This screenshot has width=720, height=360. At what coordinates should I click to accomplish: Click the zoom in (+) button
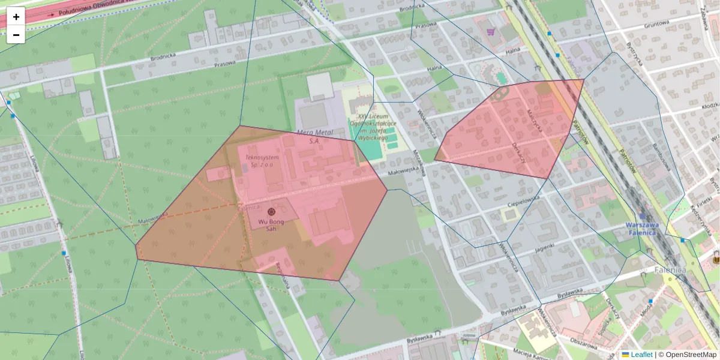(16, 17)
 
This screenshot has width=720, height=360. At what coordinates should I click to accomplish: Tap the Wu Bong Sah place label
(271, 225)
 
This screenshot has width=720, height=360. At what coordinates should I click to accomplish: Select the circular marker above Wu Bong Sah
(271, 211)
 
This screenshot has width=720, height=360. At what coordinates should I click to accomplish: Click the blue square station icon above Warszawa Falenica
(643, 215)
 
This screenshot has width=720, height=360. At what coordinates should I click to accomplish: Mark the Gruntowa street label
(656, 25)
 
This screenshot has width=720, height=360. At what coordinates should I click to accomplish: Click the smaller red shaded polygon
(510, 132)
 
